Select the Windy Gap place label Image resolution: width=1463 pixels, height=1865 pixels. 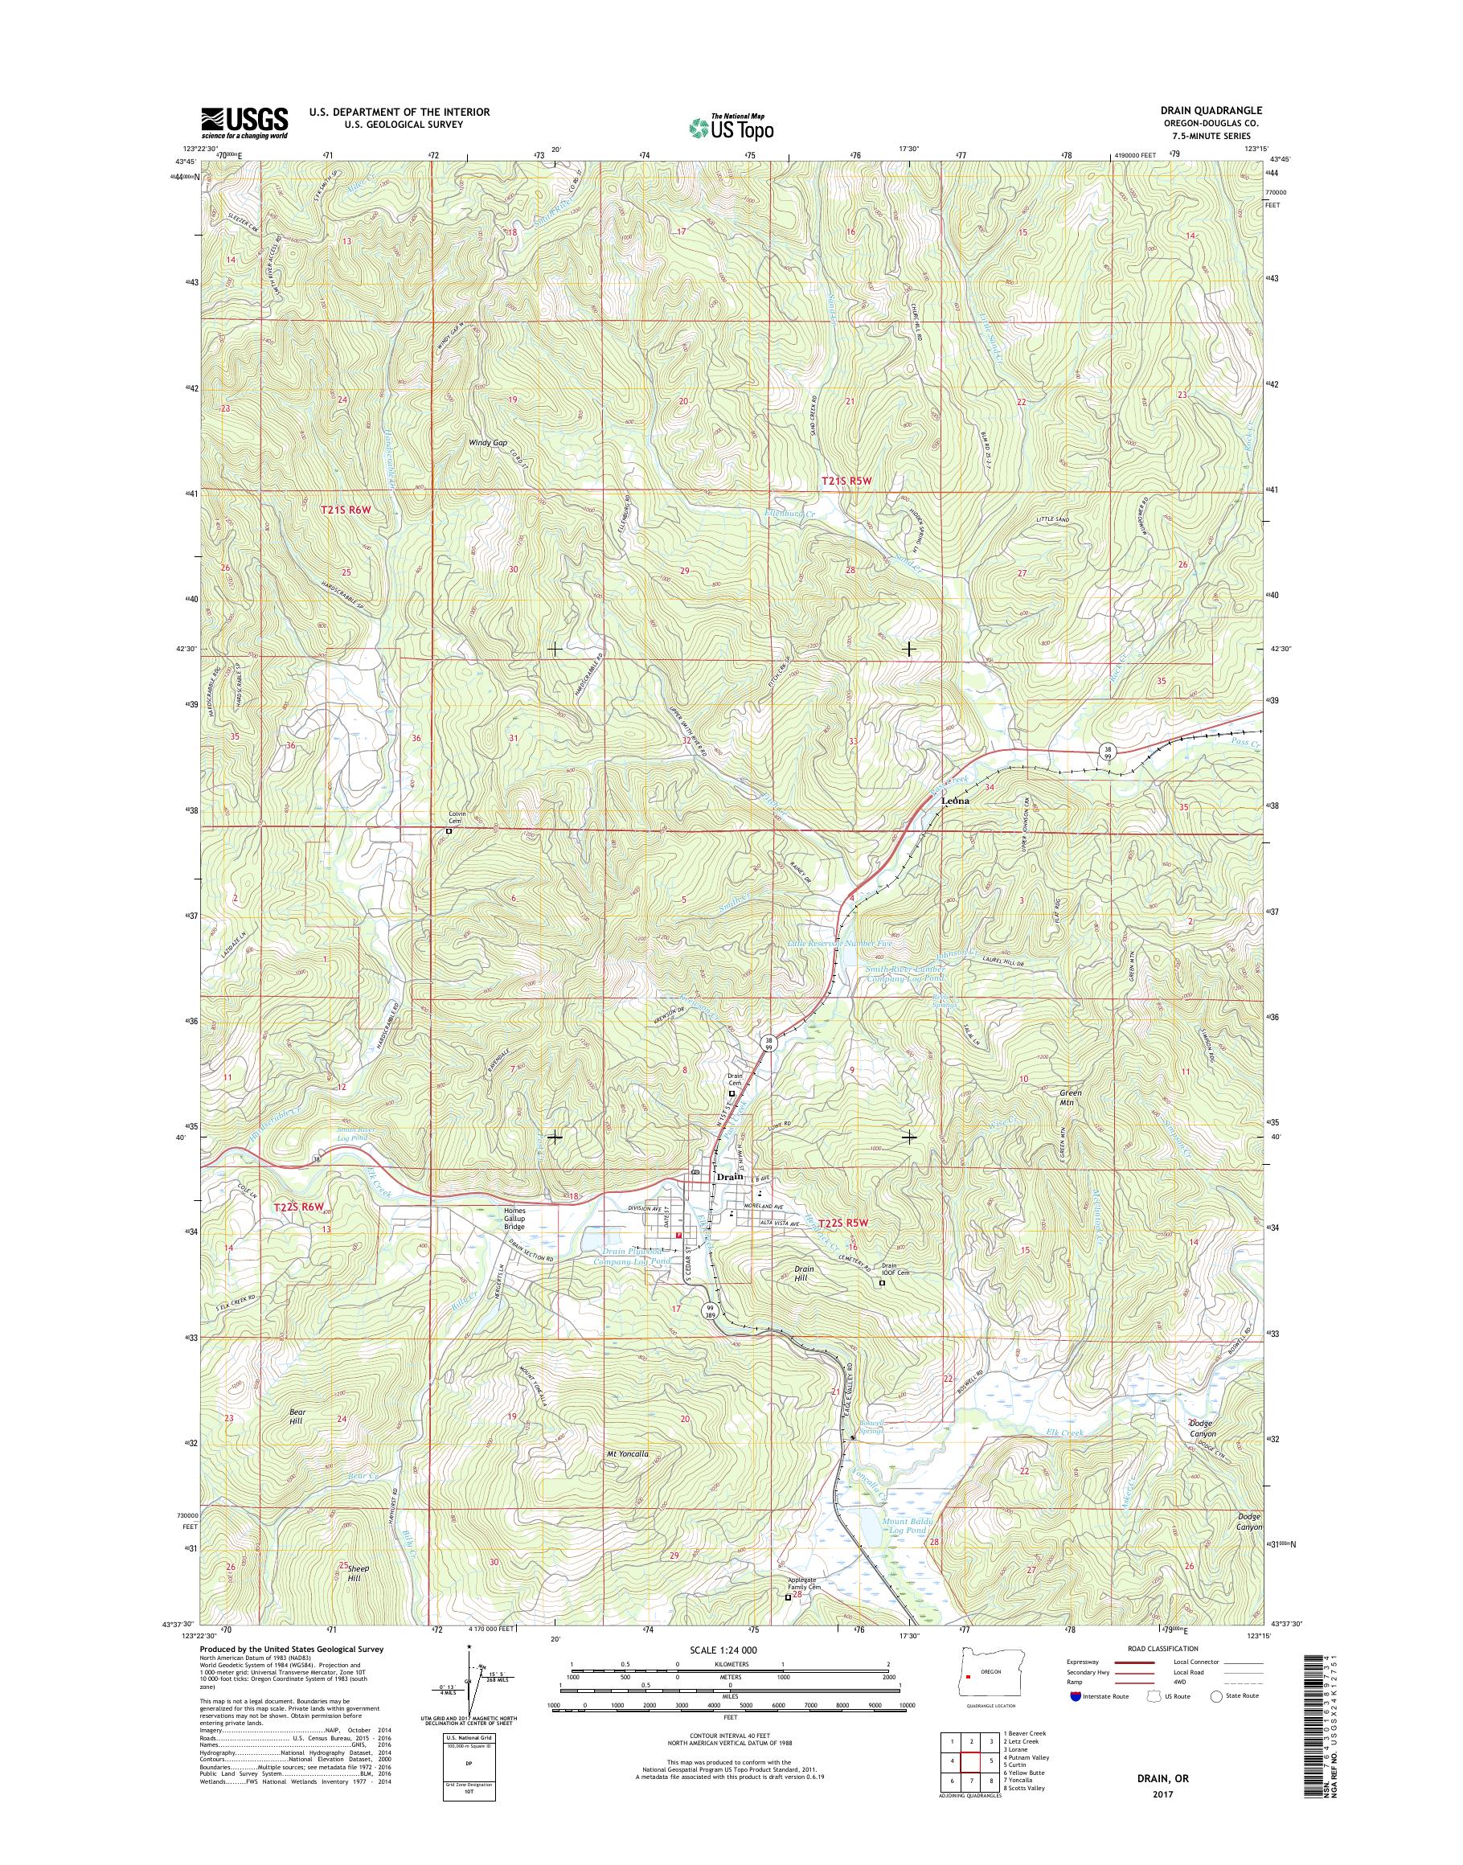[x=486, y=443]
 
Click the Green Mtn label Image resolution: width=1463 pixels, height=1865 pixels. [x=1072, y=1098]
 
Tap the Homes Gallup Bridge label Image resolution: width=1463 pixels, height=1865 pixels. [x=514, y=1218]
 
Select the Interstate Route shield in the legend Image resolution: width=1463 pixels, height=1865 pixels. [x=1074, y=1696]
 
